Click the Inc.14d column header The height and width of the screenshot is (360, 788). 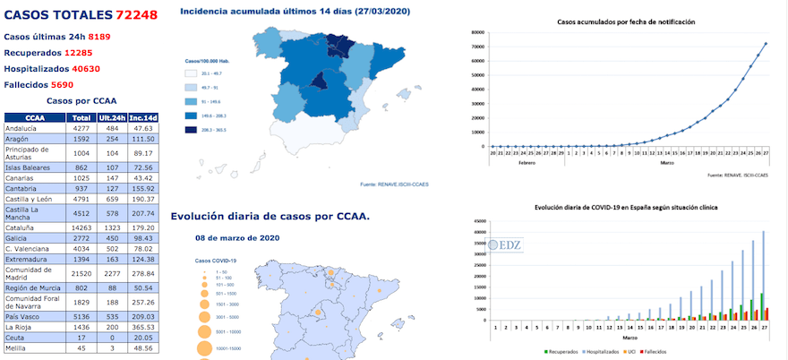pyautogui.click(x=142, y=117)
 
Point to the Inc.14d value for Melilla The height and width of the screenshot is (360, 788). pyautogui.click(x=142, y=348)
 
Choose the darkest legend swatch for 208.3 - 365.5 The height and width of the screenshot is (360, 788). pyautogui.click(x=191, y=130)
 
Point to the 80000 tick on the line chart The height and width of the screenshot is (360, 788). pyautogui.click(x=476, y=31)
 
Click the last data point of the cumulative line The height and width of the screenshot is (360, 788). pyautogui.click(x=766, y=44)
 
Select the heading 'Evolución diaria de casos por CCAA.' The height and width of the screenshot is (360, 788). pyautogui.click(x=270, y=216)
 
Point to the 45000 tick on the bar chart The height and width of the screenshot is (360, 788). pyautogui.click(x=478, y=219)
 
